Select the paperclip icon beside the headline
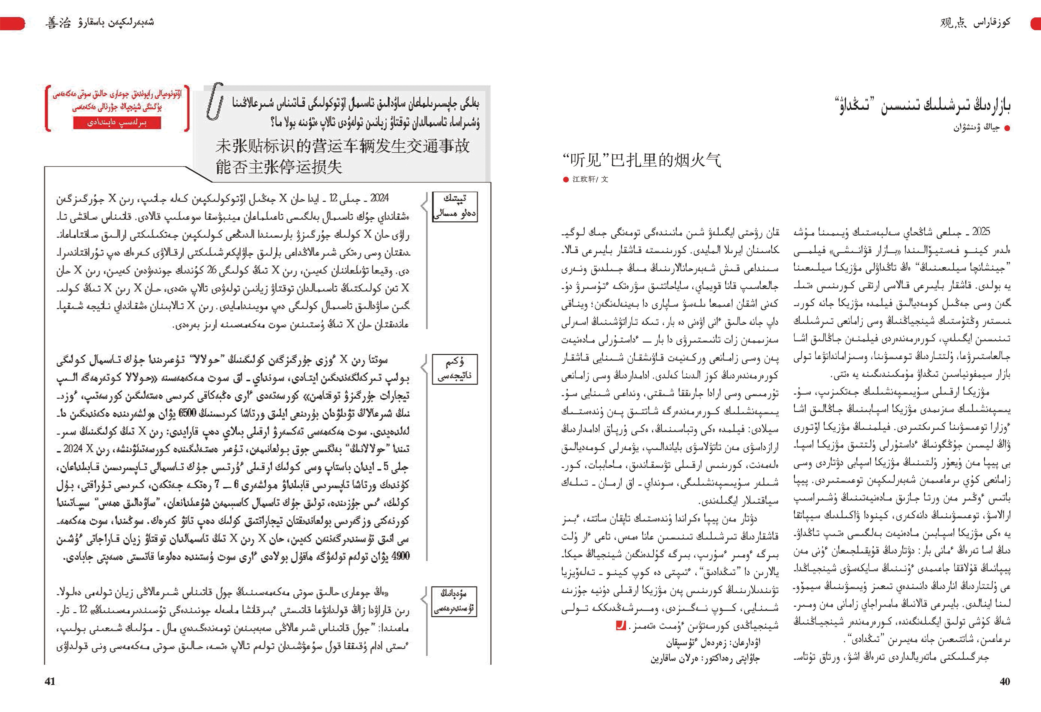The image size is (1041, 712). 215,101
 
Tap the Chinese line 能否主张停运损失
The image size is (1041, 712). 279,167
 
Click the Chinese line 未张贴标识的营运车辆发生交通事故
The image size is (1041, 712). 342,146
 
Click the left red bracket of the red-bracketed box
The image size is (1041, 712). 47,108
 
